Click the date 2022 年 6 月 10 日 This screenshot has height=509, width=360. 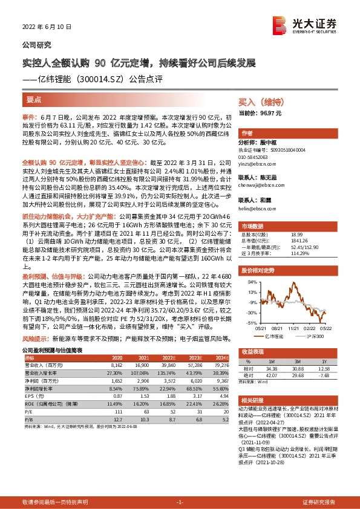pyautogui.click(x=47, y=27)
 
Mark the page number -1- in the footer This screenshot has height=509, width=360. pyautogui.click(x=180, y=502)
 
